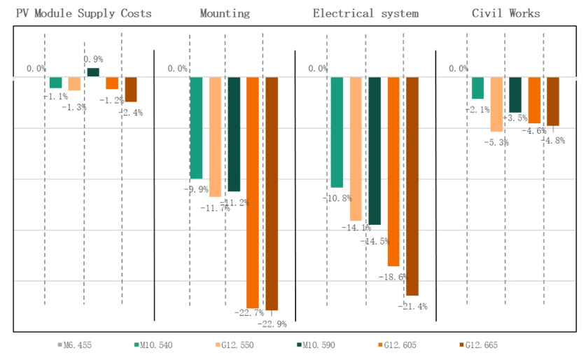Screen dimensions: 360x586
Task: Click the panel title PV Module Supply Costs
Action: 83,13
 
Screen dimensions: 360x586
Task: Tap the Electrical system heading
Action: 365,13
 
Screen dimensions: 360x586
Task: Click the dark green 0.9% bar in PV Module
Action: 93,72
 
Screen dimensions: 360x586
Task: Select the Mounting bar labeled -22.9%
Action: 272,193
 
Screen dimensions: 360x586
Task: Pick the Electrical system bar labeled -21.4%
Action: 412,186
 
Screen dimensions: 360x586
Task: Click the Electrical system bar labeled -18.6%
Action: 393,171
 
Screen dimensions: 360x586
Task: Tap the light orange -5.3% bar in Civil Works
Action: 496,104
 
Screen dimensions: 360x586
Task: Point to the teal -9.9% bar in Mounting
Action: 196,127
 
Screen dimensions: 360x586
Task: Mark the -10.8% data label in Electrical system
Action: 336,198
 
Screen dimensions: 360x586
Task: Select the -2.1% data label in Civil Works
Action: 477,109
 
